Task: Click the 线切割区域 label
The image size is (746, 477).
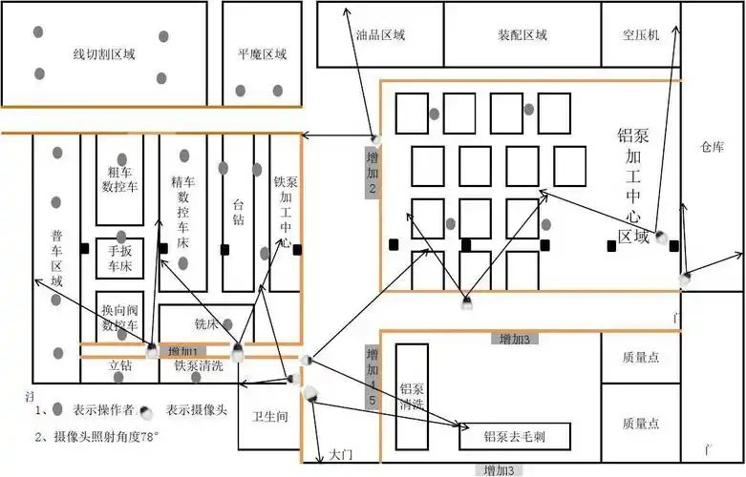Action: click(x=104, y=54)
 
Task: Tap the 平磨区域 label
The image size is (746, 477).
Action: click(x=262, y=54)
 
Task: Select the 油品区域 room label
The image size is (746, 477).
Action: click(x=380, y=35)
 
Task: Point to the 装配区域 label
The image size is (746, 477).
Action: click(x=522, y=35)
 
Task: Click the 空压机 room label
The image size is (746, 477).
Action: click(x=640, y=35)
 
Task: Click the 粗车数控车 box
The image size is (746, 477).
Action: click(x=119, y=177)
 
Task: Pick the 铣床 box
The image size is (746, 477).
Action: click(x=206, y=323)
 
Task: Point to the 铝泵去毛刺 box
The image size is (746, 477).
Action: click(x=514, y=437)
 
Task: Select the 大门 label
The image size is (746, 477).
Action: click(x=341, y=456)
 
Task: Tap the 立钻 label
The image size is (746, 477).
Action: click(x=119, y=364)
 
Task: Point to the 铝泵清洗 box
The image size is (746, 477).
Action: click(x=412, y=396)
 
